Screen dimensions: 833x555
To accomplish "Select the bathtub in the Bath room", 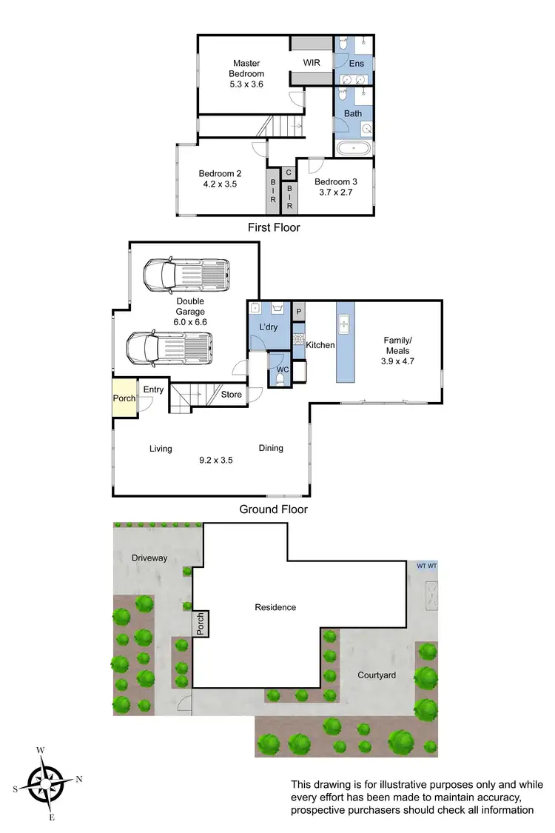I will [353, 148].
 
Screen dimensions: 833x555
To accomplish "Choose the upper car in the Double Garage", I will [185, 275].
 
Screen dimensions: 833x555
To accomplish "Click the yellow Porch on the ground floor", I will [124, 398].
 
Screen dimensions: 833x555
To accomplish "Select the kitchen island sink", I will [345, 323].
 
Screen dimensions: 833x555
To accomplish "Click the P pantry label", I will [299, 312].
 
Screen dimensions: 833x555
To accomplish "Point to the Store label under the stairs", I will [232, 395].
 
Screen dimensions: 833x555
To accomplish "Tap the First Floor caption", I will [274, 227].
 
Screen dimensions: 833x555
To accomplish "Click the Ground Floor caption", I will [273, 509].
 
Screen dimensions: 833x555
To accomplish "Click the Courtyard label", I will [377, 675].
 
